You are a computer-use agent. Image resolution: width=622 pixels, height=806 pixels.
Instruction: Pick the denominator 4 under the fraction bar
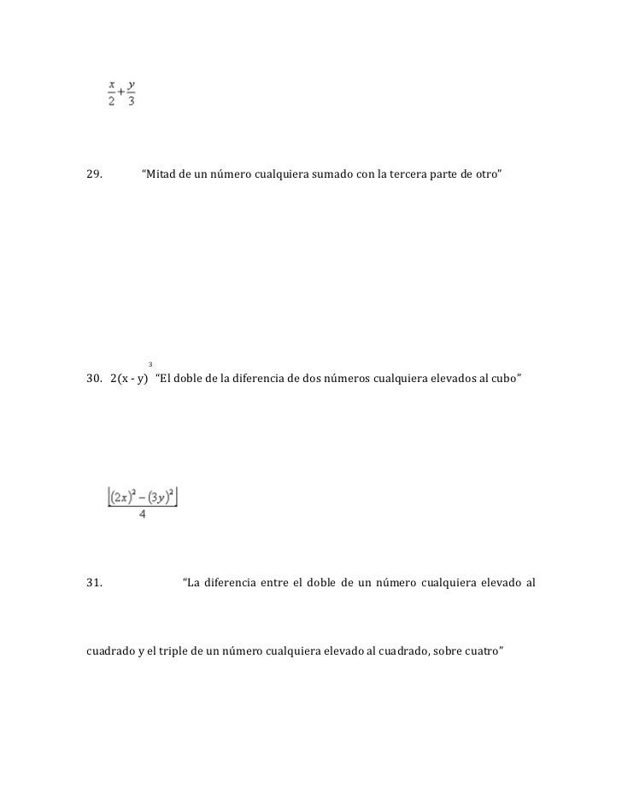(x=142, y=515)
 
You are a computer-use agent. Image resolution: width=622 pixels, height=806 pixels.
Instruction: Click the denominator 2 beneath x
(x=112, y=101)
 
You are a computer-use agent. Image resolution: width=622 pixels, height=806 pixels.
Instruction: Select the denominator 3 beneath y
(x=131, y=101)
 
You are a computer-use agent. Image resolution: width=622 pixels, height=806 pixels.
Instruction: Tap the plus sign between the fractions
(x=121, y=92)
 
